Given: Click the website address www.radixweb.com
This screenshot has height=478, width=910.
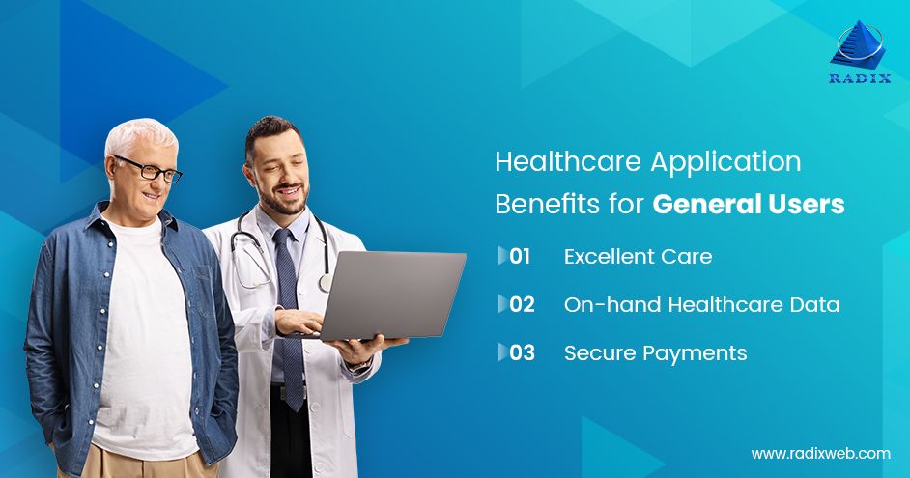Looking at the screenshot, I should pos(820,453).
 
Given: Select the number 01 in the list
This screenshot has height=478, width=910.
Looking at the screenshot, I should pos(520,256).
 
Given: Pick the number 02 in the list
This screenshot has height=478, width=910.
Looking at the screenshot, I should pos(522,304).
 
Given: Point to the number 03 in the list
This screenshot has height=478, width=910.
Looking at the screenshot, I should pos(522,352).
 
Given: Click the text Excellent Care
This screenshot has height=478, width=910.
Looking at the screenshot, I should pos(638,256).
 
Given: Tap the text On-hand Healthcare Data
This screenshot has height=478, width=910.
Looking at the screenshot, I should pos(701,304).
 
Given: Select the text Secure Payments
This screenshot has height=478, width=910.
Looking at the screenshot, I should pos(655,352).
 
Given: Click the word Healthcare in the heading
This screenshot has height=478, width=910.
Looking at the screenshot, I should pos(567,162).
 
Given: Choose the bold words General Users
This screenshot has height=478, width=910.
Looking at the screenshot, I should pos(749,205).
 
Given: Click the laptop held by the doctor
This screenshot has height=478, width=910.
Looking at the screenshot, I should pos(392,295).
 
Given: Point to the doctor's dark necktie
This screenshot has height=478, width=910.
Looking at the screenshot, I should pos(289,309).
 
